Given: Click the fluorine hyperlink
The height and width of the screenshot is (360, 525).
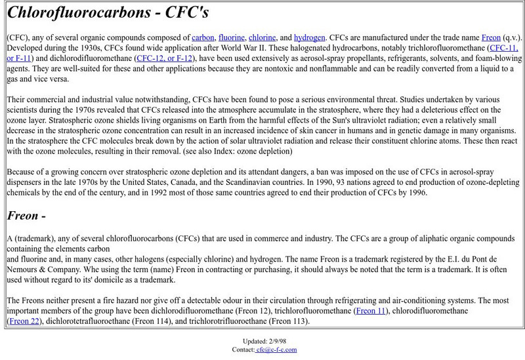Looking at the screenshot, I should point(231,37).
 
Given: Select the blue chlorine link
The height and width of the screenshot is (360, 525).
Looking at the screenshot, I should point(262,37).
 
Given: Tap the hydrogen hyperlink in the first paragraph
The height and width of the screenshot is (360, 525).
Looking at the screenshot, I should point(309,37).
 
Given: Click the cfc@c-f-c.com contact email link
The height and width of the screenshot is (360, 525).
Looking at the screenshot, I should point(276,350).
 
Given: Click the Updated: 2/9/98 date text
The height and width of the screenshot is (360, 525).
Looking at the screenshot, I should point(262,341).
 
